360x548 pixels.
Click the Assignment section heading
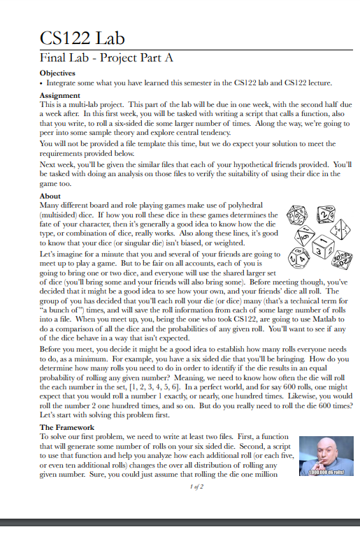pyautogui.click(x=60, y=94)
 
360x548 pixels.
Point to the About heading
pyautogui.click(x=50, y=196)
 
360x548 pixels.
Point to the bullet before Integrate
pyautogui.click(x=41, y=82)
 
